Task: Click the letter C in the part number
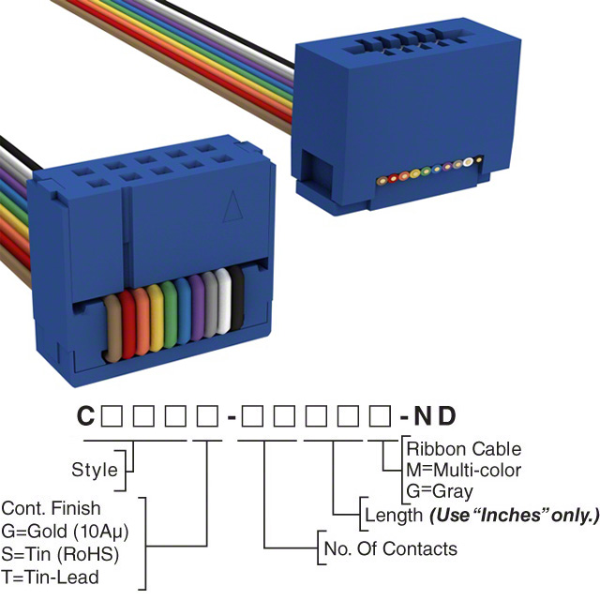click(85, 415)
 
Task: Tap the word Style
click(95, 470)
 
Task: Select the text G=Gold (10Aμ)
click(65, 531)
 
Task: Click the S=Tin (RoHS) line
click(60, 553)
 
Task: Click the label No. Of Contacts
click(390, 548)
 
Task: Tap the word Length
click(392, 515)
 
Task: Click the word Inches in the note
click(516, 515)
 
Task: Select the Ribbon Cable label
click(463, 449)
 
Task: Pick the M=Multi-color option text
click(463, 470)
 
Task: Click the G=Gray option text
click(439, 490)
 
